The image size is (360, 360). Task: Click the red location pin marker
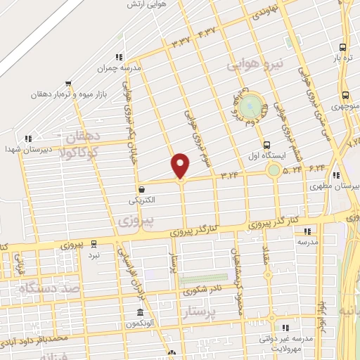[181, 165]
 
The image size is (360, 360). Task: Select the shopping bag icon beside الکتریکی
[143, 189]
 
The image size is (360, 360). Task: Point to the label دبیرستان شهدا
[24, 149]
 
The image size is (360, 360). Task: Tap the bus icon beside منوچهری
[345, 95]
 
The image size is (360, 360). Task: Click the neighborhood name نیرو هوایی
[256, 65]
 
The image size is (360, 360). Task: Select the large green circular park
[250, 107]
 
